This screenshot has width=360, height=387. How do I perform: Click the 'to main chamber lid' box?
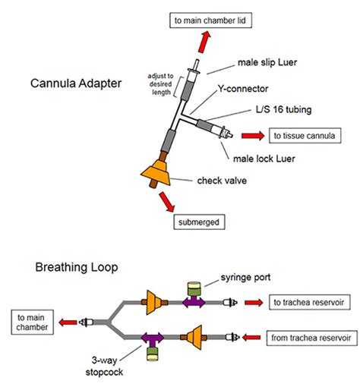point(210,20)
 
